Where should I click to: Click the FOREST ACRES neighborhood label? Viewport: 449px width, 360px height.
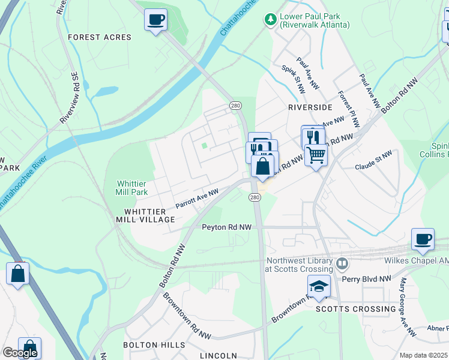[x=100, y=37]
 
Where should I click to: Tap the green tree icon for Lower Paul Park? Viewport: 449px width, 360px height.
[x=271, y=20]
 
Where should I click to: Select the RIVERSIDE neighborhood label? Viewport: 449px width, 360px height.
[x=310, y=107]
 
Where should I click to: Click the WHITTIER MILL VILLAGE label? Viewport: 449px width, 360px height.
[x=149, y=216]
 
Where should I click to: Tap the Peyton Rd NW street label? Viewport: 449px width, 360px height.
[x=226, y=227]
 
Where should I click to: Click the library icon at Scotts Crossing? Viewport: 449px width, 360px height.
[x=342, y=263]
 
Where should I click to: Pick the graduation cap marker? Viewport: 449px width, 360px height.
[x=319, y=286]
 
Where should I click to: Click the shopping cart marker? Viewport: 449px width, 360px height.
[x=316, y=155]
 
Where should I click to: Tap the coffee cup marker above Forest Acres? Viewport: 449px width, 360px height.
[x=155, y=20]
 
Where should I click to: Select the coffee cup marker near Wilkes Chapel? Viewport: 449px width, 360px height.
[x=423, y=239]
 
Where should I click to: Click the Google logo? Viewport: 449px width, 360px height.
[x=19, y=353]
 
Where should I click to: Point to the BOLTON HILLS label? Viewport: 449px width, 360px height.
[x=154, y=345]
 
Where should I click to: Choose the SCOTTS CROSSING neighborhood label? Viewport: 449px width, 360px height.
[x=356, y=309]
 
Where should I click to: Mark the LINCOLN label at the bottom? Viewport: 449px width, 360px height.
[x=218, y=356]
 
